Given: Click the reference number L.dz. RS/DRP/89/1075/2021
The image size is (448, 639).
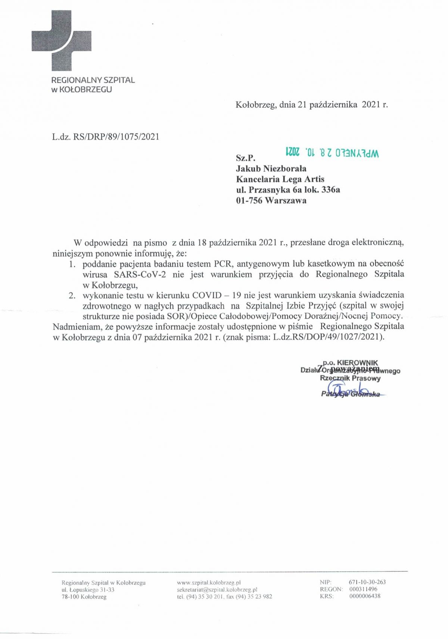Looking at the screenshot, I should coord(106,137).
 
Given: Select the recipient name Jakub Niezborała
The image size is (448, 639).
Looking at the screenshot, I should coord(271,168).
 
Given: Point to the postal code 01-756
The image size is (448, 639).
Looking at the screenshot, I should coord(249,201).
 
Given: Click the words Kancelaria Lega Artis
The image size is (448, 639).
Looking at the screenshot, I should coord(280,179).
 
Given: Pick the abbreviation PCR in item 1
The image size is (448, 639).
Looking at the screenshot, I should coord(223,264).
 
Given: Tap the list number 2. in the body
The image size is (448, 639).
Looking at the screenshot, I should coord(72,295).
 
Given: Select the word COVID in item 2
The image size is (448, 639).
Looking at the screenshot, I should coord(206,295).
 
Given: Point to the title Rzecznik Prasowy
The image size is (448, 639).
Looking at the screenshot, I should coord(350,378).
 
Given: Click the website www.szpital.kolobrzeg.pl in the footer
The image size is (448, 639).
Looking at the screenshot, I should coord(209,582).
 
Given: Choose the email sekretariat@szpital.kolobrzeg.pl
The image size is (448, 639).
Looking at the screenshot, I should coord(217,589).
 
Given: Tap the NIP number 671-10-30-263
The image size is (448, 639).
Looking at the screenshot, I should coord(367,582).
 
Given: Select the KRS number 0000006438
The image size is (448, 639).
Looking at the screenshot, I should coord(365,596).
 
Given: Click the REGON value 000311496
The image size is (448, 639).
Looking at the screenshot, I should coord(363,589).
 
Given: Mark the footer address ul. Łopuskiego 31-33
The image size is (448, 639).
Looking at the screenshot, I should coord(88,590).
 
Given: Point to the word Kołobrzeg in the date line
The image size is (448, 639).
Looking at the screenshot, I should coord(255,105).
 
